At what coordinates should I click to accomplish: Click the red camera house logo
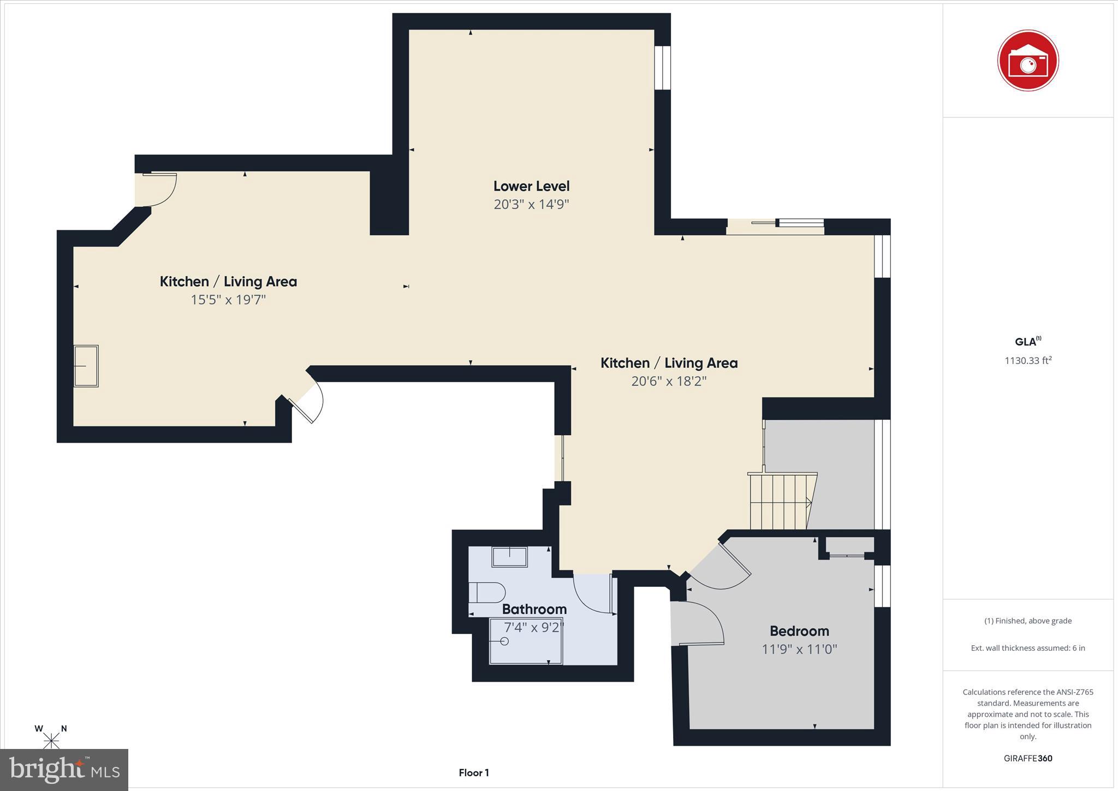pyautogui.click(x=1027, y=61)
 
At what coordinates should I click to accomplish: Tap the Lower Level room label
pyautogui.click(x=531, y=186)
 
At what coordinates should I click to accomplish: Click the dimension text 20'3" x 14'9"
pyautogui.click(x=531, y=205)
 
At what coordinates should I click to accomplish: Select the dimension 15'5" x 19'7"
pyautogui.click(x=228, y=300)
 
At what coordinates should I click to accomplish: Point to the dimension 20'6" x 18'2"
pyautogui.click(x=669, y=381)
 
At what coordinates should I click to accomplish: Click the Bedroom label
pyautogui.click(x=799, y=631)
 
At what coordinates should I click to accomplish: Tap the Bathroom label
pyautogui.click(x=534, y=609)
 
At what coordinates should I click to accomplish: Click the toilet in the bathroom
pyautogui.click(x=487, y=592)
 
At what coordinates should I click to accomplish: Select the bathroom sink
pyautogui.click(x=509, y=557)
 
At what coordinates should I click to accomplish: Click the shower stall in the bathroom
pyautogui.click(x=525, y=641)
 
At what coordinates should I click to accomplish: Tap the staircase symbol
pyautogui.click(x=781, y=501)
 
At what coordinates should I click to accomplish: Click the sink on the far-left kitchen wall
pyautogui.click(x=86, y=366)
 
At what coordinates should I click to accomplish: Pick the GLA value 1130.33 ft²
pyautogui.click(x=1027, y=361)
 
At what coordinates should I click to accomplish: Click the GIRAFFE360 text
pyautogui.click(x=1027, y=758)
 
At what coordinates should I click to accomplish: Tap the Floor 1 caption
pyautogui.click(x=473, y=773)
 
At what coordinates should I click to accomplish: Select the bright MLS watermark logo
pyautogui.click(x=64, y=770)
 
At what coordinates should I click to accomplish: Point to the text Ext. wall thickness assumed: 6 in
pyautogui.click(x=1027, y=648)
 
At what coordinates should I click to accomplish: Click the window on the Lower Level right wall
pyautogui.click(x=662, y=68)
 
